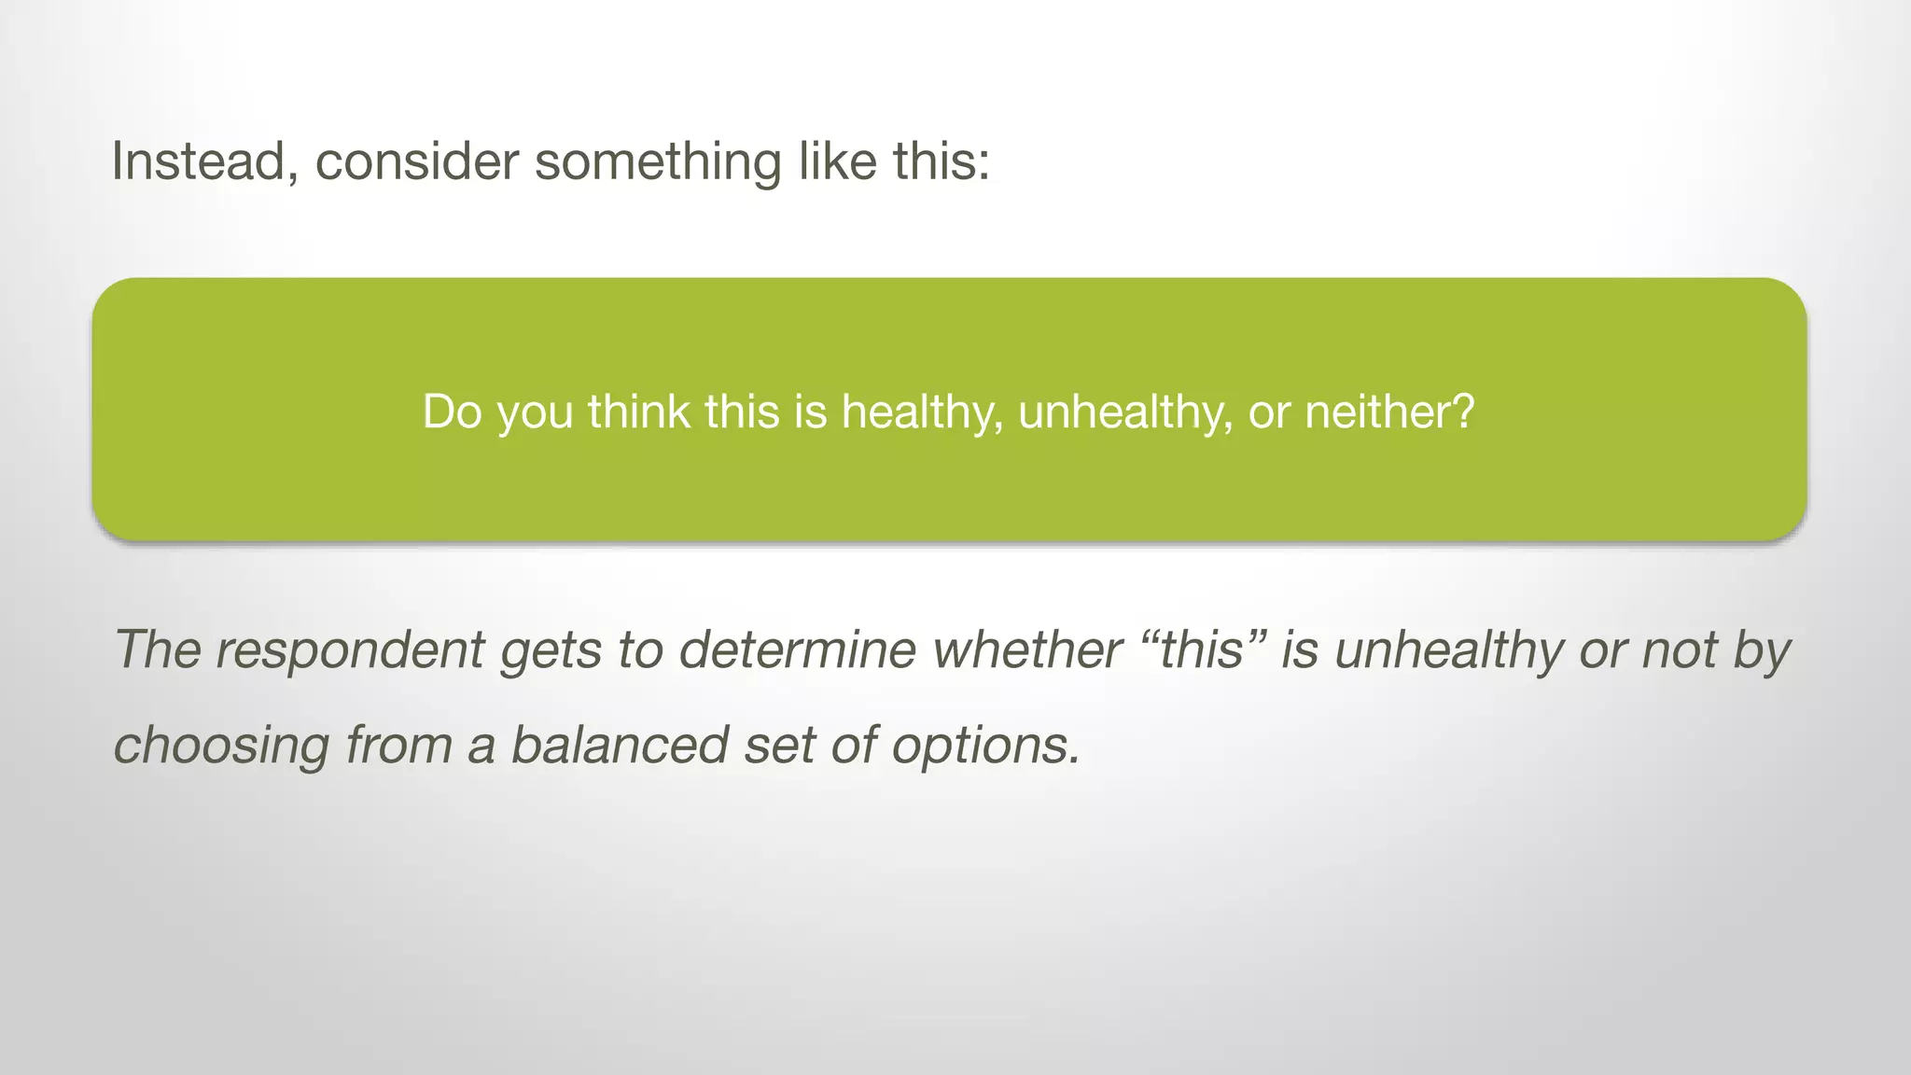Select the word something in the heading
click(658, 161)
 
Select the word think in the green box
click(637, 411)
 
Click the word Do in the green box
click(452, 411)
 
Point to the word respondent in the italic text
click(350, 649)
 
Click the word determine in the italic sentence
click(798, 649)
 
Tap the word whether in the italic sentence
click(1027, 649)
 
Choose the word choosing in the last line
click(221, 745)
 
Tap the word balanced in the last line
click(619, 745)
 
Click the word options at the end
click(985, 745)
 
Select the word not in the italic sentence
click(1680, 649)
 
